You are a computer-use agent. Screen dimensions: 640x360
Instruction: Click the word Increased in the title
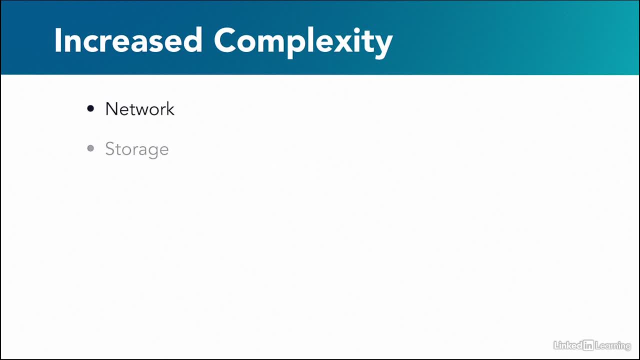128,40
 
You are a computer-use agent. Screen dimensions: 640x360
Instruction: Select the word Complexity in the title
303,42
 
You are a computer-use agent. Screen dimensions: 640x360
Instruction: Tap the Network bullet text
139,109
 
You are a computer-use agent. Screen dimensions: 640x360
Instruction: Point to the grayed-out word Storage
137,149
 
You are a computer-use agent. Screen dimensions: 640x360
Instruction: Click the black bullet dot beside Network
90,108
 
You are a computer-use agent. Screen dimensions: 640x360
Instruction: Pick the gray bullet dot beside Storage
90,148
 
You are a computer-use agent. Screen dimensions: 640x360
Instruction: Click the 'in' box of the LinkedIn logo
588,345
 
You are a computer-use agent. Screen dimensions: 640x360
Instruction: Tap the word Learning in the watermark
613,346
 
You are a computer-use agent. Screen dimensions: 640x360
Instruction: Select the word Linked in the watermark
567,345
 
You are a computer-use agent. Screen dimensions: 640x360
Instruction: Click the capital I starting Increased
58,40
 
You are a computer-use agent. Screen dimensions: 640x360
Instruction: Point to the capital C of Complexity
225,40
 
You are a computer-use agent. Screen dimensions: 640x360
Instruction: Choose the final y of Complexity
382,47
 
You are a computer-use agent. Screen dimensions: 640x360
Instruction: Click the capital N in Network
111,109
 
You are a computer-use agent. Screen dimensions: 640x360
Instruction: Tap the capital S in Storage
110,148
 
